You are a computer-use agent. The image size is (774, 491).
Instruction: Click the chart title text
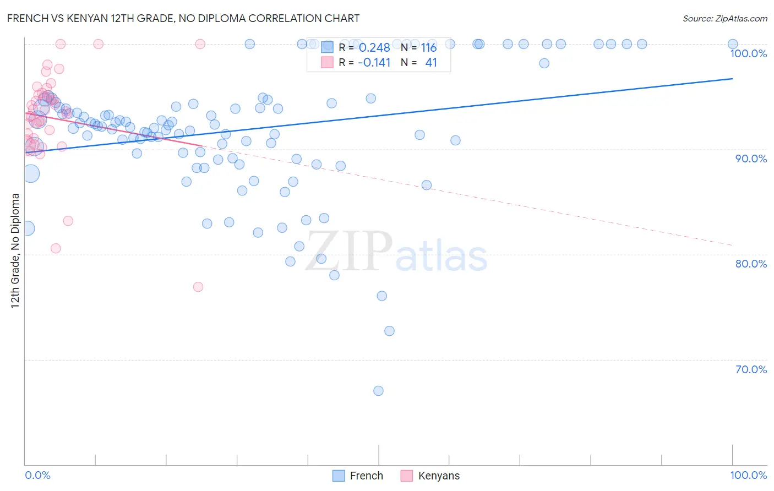(x=183, y=18)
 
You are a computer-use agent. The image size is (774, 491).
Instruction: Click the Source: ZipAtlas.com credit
(x=724, y=19)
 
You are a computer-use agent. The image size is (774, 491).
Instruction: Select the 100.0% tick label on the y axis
(x=748, y=53)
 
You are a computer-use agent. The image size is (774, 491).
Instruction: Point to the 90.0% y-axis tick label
(x=751, y=159)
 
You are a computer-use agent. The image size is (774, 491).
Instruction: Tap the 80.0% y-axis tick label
(x=751, y=264)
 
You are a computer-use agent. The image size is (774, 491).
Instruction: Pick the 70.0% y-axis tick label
(x=751, y=369)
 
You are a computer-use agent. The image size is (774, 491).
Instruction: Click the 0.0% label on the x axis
(x=37, y=475)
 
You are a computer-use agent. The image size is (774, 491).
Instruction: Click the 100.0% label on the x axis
(x=748, y=475)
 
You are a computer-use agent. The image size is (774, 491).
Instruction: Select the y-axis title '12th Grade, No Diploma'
(x=15, y=250)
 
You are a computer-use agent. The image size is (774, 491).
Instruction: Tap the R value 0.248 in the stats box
(x=374, y=48)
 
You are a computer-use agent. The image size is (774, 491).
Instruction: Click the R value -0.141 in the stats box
(x=374, y=63)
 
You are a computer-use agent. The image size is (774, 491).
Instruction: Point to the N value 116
(x=429, y=48)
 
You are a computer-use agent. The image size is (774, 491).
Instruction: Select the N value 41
(x=431, y=63)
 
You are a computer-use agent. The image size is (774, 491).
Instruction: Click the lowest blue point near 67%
(x=378, y=391)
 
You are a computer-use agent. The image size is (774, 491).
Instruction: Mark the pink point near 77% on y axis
(x=198, y=287)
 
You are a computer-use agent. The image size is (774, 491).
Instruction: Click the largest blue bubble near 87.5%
(x=31, y=173)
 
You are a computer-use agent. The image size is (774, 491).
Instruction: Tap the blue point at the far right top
(x=733, y=44)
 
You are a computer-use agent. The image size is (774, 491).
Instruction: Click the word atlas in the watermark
(x=441, y=257)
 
